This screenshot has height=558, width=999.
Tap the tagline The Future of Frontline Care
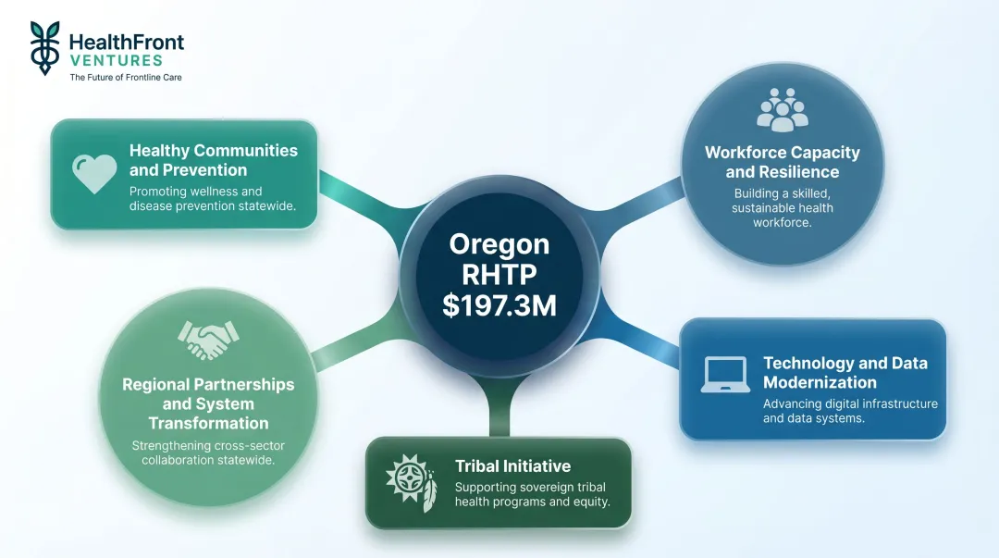(126, 78)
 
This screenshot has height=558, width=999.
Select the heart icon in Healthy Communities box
(94, 173)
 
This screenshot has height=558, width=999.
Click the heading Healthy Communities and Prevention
(213, 160)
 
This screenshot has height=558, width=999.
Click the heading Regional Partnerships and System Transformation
(208, 403)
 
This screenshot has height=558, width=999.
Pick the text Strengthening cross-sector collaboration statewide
(208, 453)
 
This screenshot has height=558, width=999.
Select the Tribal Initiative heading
(512, 466)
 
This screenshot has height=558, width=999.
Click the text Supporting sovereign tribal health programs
(530, 494)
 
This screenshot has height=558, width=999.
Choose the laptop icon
(725, 375)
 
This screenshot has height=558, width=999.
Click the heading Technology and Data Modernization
(845, 373)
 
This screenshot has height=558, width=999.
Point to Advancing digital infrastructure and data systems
(849, 411)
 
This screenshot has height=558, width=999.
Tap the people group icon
(783, 110)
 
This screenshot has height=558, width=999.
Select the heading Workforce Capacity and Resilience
(783, 162)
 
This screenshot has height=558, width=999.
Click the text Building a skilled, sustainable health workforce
(783, 207)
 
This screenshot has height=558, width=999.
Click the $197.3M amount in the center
(499, 305)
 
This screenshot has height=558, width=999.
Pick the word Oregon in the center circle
(499, 244)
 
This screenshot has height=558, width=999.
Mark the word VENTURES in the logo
(116, 60)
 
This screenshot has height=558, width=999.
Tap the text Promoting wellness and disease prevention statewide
(212, 198)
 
